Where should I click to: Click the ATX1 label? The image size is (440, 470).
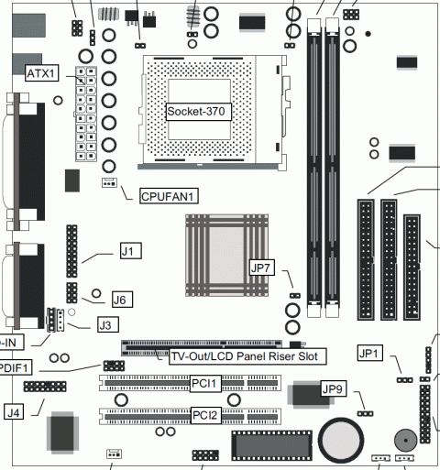[41, 73]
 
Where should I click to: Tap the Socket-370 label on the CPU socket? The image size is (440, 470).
[199, 112]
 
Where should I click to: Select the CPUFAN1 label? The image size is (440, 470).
[169, 196]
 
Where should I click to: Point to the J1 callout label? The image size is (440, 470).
[131, 251]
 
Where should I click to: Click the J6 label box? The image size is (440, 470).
[122, 300]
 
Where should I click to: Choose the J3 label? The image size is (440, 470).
[108, 325]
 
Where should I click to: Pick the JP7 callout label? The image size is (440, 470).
[262, 268]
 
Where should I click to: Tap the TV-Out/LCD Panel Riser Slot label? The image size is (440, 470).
[247, 356]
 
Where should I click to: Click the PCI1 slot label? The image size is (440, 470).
[205, 383]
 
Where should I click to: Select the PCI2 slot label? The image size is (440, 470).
[205, 415]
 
